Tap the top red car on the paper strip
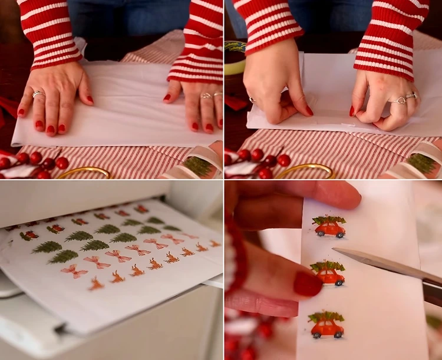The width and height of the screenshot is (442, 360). (x=329, y=227)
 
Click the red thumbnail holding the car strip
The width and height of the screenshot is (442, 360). (x=308, y=284)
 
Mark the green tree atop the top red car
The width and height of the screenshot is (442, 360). (x=329, y=219)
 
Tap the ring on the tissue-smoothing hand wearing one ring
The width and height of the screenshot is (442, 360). (x=38, y=94)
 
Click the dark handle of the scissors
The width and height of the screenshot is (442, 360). (x=433, y=292)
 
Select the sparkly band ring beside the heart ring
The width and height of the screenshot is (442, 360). (x=411, y=95)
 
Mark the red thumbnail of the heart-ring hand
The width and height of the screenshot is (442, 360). (x=352, y=111)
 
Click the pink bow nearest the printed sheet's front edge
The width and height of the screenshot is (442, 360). (x=74, y=271)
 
